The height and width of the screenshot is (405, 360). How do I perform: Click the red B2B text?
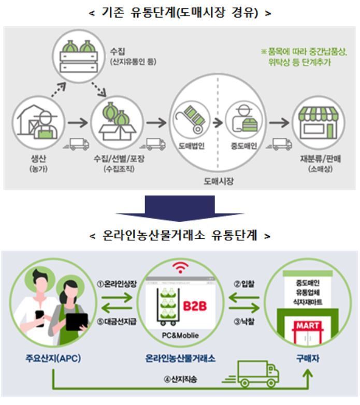[195, 306]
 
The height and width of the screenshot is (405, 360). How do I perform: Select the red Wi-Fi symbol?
[181, 268]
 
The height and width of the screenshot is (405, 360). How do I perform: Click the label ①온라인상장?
[117, 283]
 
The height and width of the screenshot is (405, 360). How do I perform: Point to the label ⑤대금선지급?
[118, 321]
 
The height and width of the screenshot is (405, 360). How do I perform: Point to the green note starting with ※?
[304, 57]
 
